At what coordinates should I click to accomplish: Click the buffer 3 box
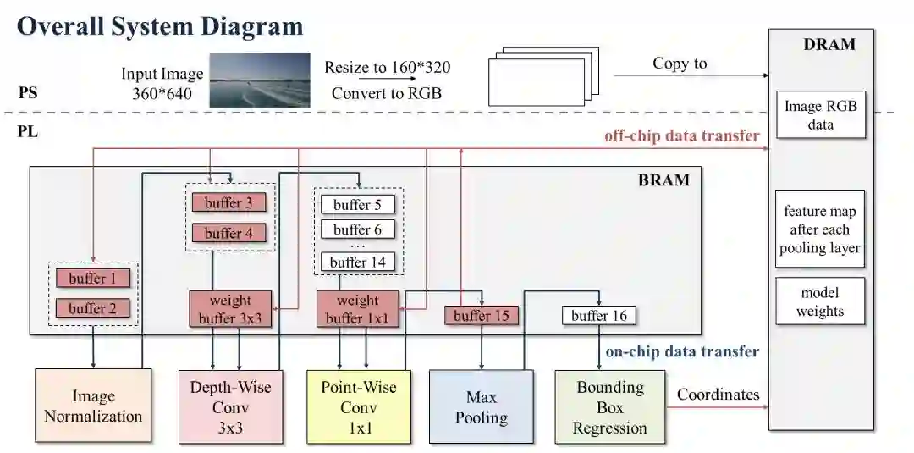click(x=228, y=203)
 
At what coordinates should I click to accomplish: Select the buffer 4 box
click(x=228, y=233)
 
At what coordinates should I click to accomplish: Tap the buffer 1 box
click(x=93, y=278)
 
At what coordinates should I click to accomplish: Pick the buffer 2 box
click(x=93, y=308)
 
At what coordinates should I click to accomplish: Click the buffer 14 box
click(x=358, y=262)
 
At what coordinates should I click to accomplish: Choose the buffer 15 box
click(x=482, y=316)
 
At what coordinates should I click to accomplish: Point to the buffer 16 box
click(x=599, y=316)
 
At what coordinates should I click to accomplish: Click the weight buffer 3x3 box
click(x=230, y=309)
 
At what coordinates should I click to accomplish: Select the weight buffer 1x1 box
click(x=358, y=309)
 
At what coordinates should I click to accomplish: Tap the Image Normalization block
click(x=93, y=406)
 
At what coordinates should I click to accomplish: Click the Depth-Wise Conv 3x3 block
click(x=230, y=406)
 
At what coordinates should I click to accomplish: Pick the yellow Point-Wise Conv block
click(x=358, y=406)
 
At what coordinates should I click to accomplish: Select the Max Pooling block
click(x=482, y=406)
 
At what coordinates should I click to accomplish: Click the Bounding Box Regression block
click(x=609, y=406)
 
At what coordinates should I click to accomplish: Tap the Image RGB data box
click(x=820, y=115)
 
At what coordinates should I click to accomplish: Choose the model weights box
click(x=820, y=301)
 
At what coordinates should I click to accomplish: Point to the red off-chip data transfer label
click(x=681, y=135)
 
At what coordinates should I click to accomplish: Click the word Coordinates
click(x=718, y=394)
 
